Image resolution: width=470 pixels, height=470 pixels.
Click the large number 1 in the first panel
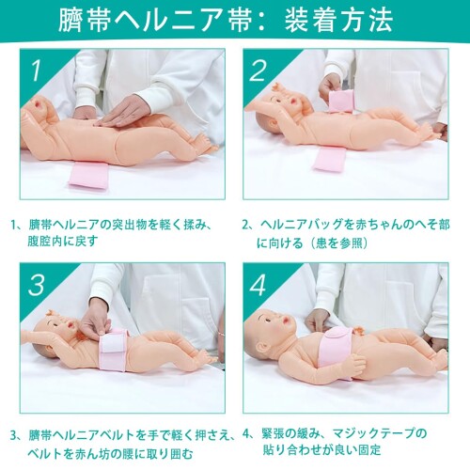pyautogui.click(x=37, y=70)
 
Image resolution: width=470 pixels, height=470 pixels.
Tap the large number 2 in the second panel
pyautogui.click(x=258, y=70)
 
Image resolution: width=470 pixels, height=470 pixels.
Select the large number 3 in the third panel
pyautogui.click(x=37, y=285)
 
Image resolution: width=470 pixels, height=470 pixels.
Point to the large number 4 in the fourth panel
pyautogui.click(x=258, y=285)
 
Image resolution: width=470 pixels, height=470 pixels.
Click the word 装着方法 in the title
pyautogui.click(x=338, y=20)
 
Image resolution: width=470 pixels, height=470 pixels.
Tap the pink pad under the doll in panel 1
pyautogui.click(x=88, y=175)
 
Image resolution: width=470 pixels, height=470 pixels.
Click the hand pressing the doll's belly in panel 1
pyautogui.click(x=123, y=112)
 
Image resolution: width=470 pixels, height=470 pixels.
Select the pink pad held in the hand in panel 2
pyautogui.click(x=341, y=101)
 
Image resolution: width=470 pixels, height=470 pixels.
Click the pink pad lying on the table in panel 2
pyautogui.click(x=329, y=159)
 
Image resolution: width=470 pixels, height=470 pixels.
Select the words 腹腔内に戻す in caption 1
pyautogui.click(x=63, y=242)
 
